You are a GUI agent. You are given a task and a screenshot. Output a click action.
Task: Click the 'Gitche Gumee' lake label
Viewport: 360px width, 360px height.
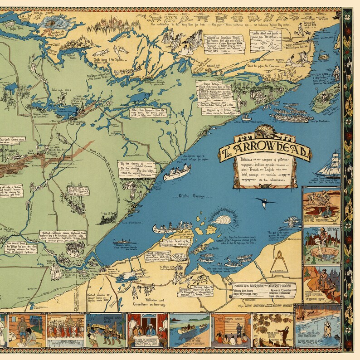[x=188, y=196]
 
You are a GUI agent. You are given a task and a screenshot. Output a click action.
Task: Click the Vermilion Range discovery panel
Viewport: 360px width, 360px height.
[x=321, y=283]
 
